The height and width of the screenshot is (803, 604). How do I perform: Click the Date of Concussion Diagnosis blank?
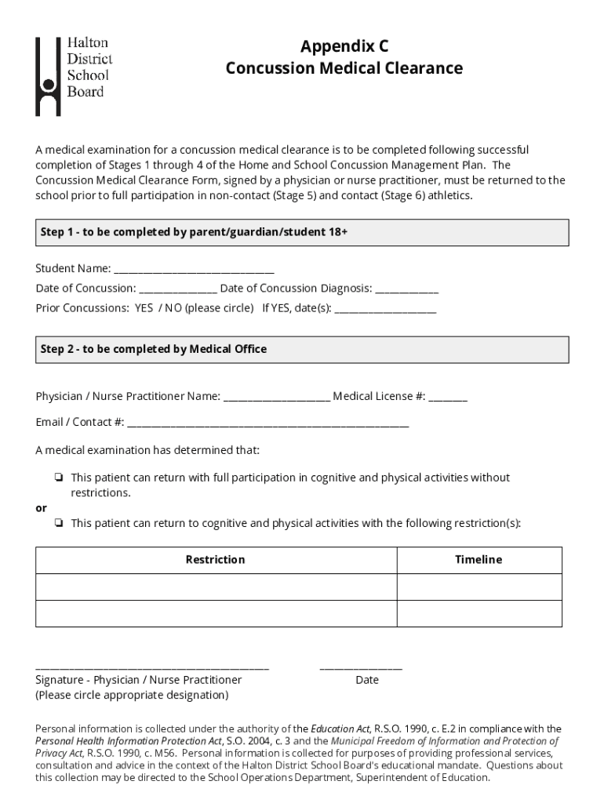click(x=406, y=289)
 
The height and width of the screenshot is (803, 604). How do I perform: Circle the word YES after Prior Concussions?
click(x=144, y=308)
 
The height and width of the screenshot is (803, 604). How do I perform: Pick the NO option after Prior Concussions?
click(x=173, y=308)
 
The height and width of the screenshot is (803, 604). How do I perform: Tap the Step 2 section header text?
click(x=154, y=349)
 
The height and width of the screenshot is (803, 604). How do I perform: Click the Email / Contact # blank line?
click(x=267, y=423)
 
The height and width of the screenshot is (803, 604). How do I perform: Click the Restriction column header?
click(x=215, y=560)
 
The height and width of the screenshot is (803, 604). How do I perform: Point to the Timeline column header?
click(x=478, y=560)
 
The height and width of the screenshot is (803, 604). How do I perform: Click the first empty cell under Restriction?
click(x=216, y=587)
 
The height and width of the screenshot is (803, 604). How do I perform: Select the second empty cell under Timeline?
click(x=478, y=613)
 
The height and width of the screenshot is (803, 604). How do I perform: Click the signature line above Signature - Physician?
click(x=152, y=667)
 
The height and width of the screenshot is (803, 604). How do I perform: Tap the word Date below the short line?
click(x=366, y=680)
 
